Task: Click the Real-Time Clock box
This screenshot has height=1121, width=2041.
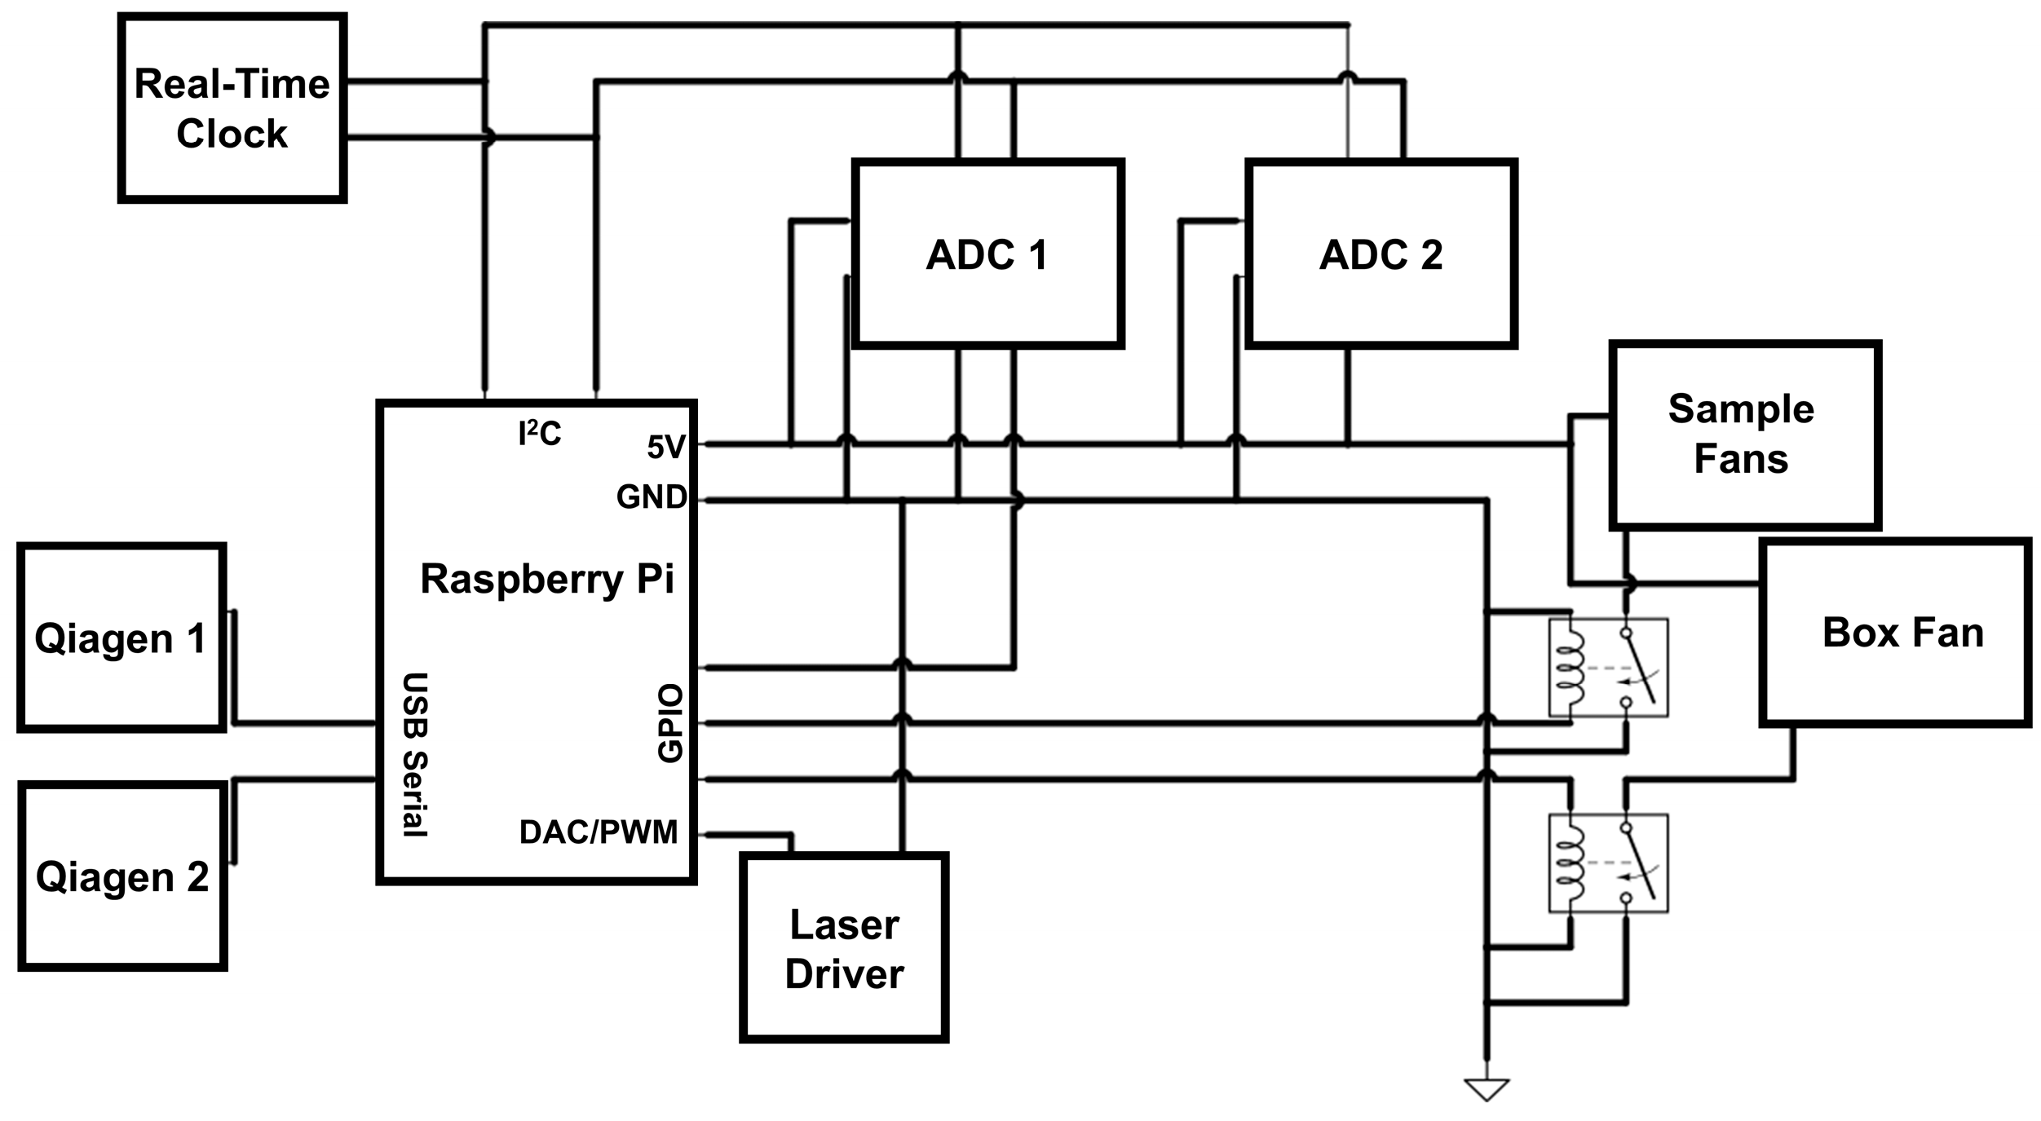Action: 232,108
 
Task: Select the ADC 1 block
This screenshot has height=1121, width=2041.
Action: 987,254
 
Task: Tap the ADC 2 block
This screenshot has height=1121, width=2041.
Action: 1381,254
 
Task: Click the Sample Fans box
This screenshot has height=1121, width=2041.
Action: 1744,435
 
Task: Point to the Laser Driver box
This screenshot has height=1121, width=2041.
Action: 844,948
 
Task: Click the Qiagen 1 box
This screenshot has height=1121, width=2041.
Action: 121,638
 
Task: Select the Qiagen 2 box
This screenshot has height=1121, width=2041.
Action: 122,877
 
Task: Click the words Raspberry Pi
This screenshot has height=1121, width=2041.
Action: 547,579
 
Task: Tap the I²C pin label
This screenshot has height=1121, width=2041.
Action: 540,433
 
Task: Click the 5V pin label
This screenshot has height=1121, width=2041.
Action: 666,447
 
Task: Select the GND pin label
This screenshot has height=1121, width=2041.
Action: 651,497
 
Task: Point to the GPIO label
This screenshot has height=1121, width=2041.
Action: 670,724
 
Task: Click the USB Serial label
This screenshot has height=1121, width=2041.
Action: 415,755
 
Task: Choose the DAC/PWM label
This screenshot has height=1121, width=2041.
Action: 599,832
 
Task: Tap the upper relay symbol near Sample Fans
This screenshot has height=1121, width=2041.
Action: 1608,668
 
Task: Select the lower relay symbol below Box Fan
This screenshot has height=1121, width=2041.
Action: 1608,863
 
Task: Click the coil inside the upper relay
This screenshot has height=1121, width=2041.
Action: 1570,668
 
